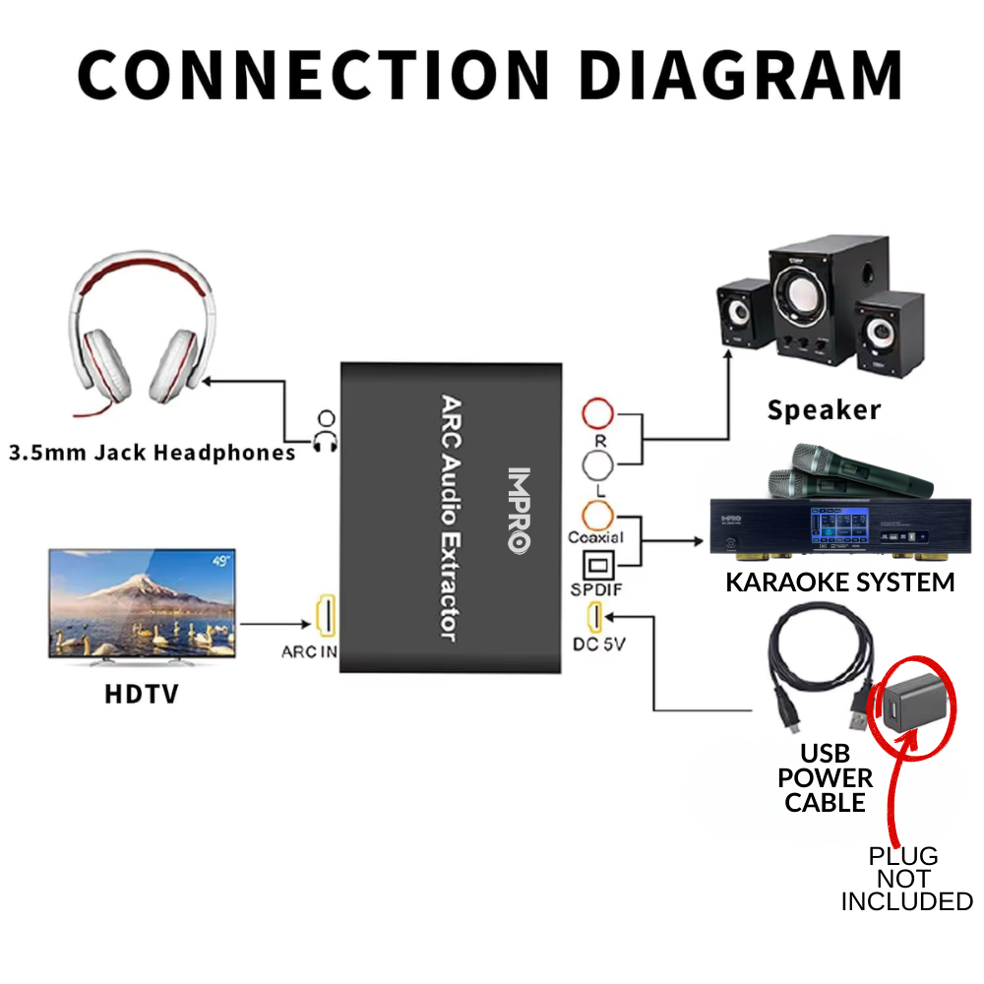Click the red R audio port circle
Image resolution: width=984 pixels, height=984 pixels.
tap(598, 411)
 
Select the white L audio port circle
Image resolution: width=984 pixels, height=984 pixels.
tap(598, 463)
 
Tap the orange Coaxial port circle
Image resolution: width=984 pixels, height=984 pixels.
tap(598, 515)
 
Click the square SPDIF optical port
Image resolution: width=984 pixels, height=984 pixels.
tap(598, 566)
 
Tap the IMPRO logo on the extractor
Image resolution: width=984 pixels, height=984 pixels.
tap(519, 508)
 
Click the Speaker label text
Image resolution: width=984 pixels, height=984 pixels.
tap(824, 409)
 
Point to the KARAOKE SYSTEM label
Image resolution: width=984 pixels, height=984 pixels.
tap(839, 582)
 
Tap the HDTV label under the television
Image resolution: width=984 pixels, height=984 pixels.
tap(142, 695)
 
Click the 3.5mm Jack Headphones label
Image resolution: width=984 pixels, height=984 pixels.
tap(152, 454)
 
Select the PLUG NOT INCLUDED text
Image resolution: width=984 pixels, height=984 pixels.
tap(905, 879)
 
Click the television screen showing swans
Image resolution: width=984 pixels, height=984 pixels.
tap(142, 603)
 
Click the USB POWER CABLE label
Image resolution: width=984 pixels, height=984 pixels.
tap(825, 778)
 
